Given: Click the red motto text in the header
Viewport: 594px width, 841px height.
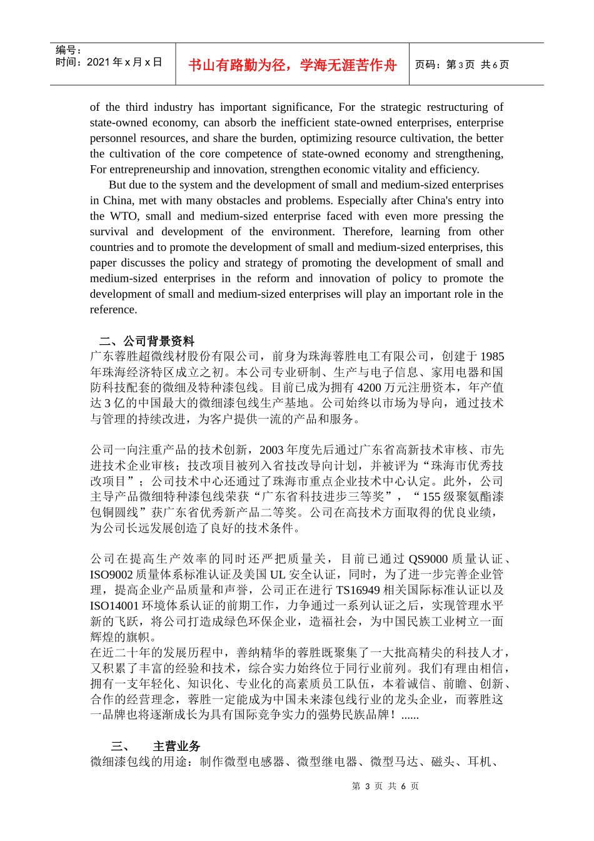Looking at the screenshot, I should (292, 65).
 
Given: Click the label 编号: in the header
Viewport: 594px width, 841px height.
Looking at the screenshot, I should (68, 50).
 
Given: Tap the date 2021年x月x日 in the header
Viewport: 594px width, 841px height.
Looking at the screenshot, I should (124, 62).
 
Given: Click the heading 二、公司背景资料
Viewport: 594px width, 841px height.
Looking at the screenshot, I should (146, 341).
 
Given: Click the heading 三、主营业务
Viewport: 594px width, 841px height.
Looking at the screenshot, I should (156, 746).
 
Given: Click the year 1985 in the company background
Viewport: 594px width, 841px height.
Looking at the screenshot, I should (491, 357).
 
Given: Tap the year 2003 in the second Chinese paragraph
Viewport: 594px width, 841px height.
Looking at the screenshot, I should (271, 450).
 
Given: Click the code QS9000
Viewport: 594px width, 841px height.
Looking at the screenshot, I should (428, 559).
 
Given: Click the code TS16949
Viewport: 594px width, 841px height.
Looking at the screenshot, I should (358, 590).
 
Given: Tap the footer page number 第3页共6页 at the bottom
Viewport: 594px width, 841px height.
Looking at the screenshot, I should (385, 786).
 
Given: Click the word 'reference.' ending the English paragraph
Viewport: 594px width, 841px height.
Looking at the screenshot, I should (113, 310).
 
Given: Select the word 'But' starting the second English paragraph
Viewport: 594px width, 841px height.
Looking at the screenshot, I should (117, 185).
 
